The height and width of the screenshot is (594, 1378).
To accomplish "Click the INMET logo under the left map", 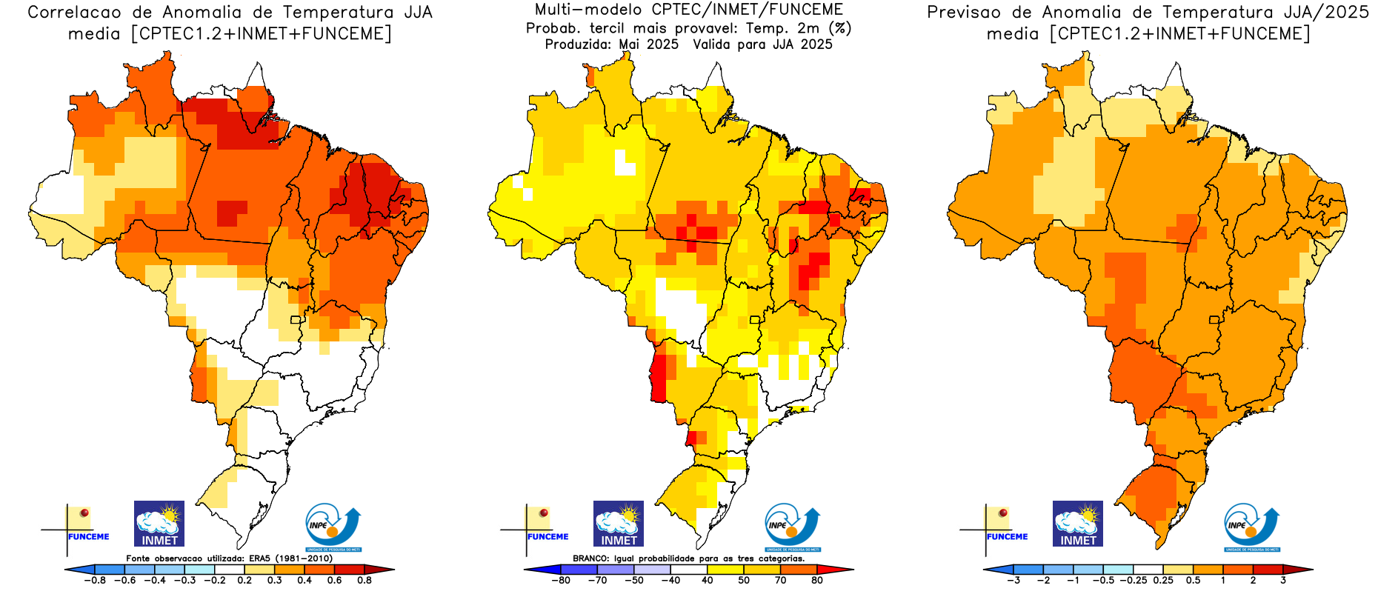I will (159, 524).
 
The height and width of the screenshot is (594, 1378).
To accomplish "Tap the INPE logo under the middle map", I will (792, 527).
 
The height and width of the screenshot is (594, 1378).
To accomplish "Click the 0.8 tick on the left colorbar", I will (364, 581).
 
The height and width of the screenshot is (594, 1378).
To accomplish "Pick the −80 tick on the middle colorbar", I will (560, 581).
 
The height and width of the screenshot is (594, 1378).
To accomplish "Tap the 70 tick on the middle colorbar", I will (780, 581).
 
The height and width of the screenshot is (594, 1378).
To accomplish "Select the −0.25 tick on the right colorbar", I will (1134, 581).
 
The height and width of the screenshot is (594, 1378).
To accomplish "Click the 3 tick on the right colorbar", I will (1283, 581).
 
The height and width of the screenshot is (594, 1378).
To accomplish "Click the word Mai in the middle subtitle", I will (628, 44).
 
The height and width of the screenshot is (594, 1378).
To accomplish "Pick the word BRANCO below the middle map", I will (590, 558).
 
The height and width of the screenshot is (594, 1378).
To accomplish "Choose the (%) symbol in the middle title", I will (840, 28).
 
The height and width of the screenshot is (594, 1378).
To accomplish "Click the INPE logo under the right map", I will (1251, 527).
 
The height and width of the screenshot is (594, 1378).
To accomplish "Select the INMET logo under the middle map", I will (619, 524).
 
